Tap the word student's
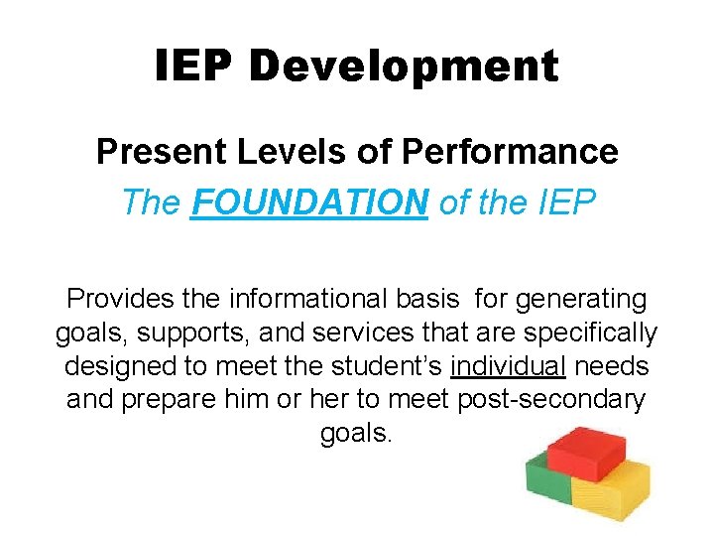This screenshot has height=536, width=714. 378,366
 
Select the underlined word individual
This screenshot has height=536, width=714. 508,366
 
